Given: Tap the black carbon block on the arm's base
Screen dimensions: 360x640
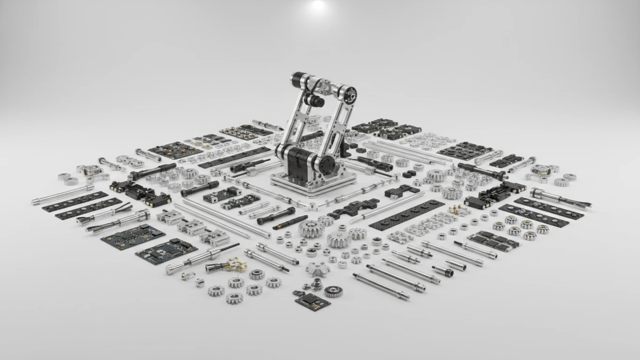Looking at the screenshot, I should [301, 162].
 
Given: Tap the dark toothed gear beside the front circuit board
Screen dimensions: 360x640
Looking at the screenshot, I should [333, 291].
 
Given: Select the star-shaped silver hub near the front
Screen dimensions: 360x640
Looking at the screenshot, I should [318, 269].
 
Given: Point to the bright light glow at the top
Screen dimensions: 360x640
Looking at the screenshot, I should [318, 5].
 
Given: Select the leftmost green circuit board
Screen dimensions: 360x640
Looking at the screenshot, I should [133, 236].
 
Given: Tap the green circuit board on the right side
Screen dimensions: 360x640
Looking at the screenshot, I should [494, 240].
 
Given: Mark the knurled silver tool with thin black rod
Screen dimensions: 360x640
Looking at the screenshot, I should [202, 257].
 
